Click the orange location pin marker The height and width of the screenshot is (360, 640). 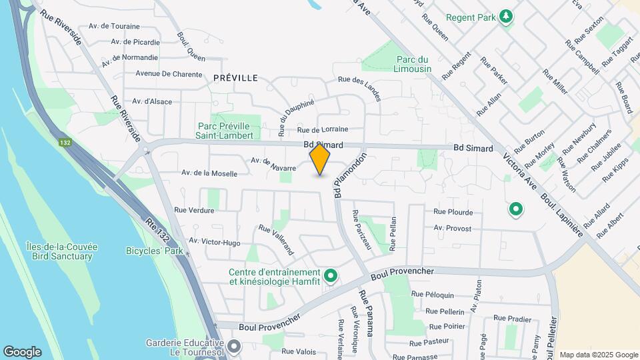pos(320,160)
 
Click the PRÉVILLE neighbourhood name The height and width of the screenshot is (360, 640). pos(235,78)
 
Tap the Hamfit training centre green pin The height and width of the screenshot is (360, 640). pos(330,275)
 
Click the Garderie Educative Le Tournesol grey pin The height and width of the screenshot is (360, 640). pos(233,346)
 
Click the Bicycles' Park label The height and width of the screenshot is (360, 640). pos(154,251)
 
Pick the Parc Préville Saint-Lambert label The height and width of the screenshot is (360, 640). pos(225,131)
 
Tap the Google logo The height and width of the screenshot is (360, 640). pos(22,352)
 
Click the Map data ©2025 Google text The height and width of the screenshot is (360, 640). pos(598,355)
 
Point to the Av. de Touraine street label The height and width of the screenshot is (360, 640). pos(114,26)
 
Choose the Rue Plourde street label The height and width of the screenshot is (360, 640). pos(453,212)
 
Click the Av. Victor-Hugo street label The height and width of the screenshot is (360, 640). pos(214,241)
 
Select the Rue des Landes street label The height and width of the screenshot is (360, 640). pos(359,88)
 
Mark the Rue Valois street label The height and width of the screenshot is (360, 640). pos(298,351)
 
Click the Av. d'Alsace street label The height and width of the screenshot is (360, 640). pos(152,101)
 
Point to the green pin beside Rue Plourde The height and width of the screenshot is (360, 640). pos(515,210)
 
